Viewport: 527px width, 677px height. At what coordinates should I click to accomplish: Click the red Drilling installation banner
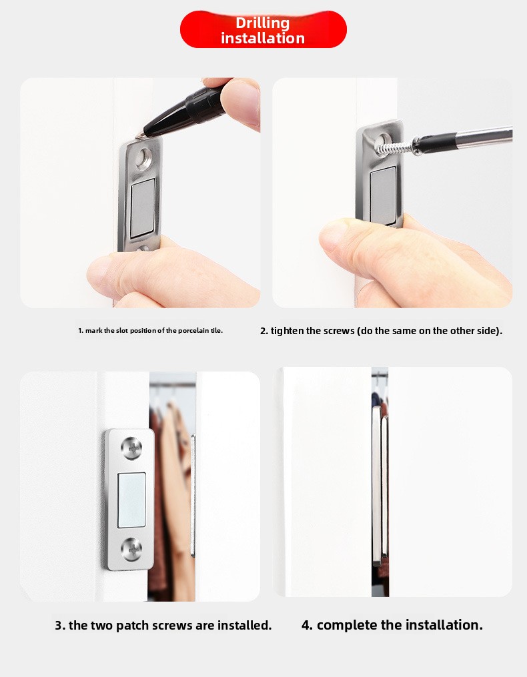[x=263, y=29]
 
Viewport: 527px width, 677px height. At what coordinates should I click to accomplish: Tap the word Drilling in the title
[x=262, y=23]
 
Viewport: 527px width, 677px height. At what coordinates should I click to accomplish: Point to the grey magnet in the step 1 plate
[x=143, y=207]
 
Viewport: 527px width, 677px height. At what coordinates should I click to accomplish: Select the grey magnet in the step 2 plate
[x=383, y=195]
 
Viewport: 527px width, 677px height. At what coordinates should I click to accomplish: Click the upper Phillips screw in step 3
[x=132, y=448]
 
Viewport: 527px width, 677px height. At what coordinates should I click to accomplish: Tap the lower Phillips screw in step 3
[x=132, y=550]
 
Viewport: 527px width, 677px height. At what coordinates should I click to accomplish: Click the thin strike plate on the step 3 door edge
[x=193, y=496]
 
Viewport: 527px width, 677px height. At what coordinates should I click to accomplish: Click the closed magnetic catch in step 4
[x=380, y=484]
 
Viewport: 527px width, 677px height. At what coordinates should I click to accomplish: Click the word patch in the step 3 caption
[x=133, y=625]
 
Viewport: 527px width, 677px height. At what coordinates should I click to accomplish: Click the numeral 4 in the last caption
[x=306, y=625]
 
